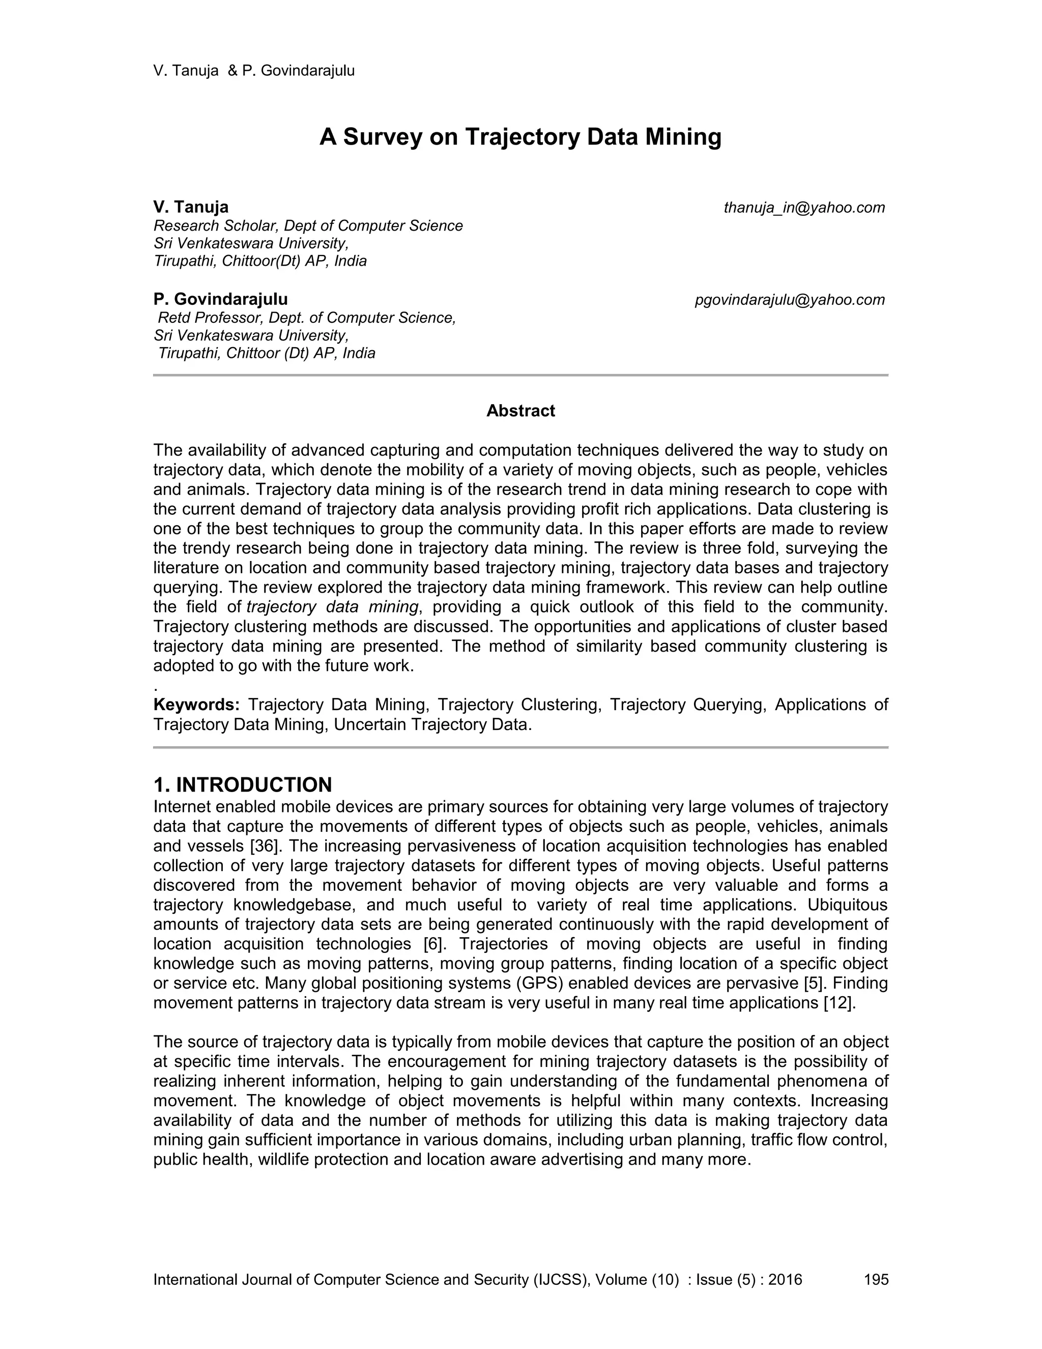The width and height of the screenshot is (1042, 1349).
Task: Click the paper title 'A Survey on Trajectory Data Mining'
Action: click(520, 136)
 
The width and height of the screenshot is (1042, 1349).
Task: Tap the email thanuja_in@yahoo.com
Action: click(804, 208)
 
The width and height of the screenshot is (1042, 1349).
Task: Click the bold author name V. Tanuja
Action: click(191, 207)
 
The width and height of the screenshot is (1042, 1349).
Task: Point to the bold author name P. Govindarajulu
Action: click(220, 299)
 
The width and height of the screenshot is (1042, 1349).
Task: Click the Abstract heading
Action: click(520, 411)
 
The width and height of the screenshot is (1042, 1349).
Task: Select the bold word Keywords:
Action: click(196, 704)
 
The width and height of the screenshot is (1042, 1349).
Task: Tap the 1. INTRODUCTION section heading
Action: click(243, 784)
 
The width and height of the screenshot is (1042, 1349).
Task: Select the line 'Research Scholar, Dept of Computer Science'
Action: click(308, 226)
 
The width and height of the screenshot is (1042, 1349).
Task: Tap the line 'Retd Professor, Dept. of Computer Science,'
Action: click(307, 318)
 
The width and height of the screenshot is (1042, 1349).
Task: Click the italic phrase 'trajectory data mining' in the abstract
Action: click(333, 607)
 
